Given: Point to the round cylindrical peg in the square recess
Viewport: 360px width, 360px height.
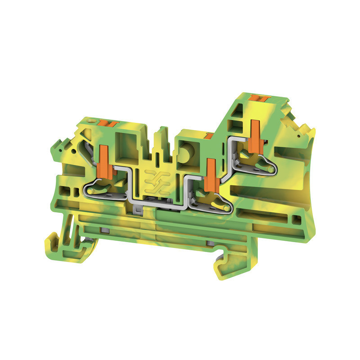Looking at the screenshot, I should point(185,152).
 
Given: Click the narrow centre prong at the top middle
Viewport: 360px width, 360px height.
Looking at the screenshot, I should point(157,144).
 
